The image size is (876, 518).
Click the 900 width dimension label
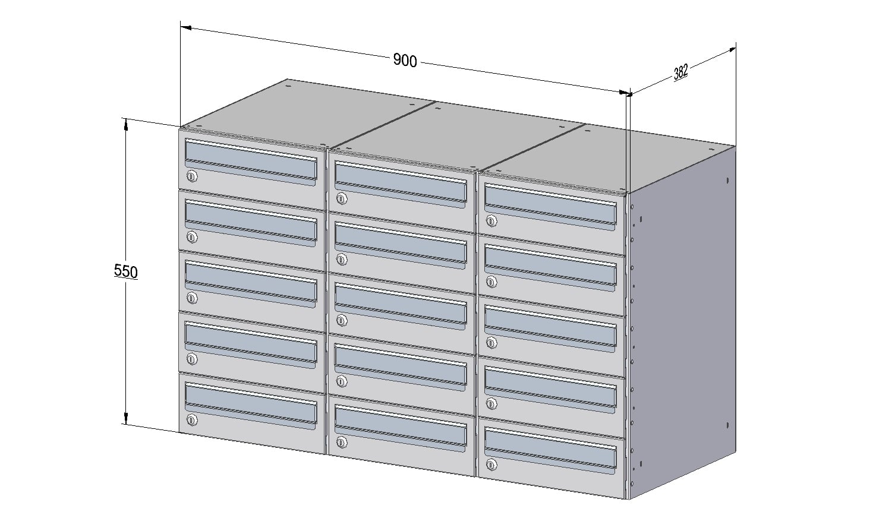[x=405, y=61]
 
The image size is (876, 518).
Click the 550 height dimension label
[x=126, y=271]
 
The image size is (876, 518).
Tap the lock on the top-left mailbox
[x=191, y=176]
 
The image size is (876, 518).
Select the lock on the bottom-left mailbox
[x=191, y=420]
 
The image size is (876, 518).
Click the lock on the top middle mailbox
[x=341, y=198]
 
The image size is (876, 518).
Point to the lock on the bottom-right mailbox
[x=491, y=465]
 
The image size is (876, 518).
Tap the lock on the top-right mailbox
[x=491, y=221]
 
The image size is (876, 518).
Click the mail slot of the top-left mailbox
[x=251, y=162]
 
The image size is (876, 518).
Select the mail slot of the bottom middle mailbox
[x=401, y=428]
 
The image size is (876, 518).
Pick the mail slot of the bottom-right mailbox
[x=551, y=450]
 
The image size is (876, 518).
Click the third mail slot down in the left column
[x=251, y=283]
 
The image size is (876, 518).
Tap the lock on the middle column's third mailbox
[x=341, y=321]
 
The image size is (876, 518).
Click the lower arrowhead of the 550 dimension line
[x=126, y=418]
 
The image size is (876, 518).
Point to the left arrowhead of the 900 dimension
[x=186, y=28]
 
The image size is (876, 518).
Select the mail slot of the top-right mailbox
[x=551, y=206]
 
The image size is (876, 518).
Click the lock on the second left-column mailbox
[x=191, y=237]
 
